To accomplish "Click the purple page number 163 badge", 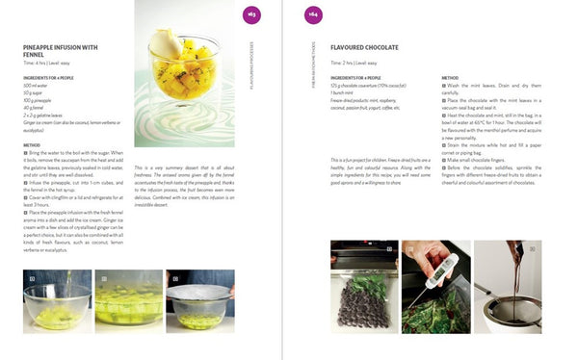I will pos(250,13).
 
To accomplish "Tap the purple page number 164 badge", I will pos(313,13).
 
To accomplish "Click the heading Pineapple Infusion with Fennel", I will pos(60,49).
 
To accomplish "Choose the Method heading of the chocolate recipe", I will pos(450,76).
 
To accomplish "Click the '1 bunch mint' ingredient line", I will pos(343,91).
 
